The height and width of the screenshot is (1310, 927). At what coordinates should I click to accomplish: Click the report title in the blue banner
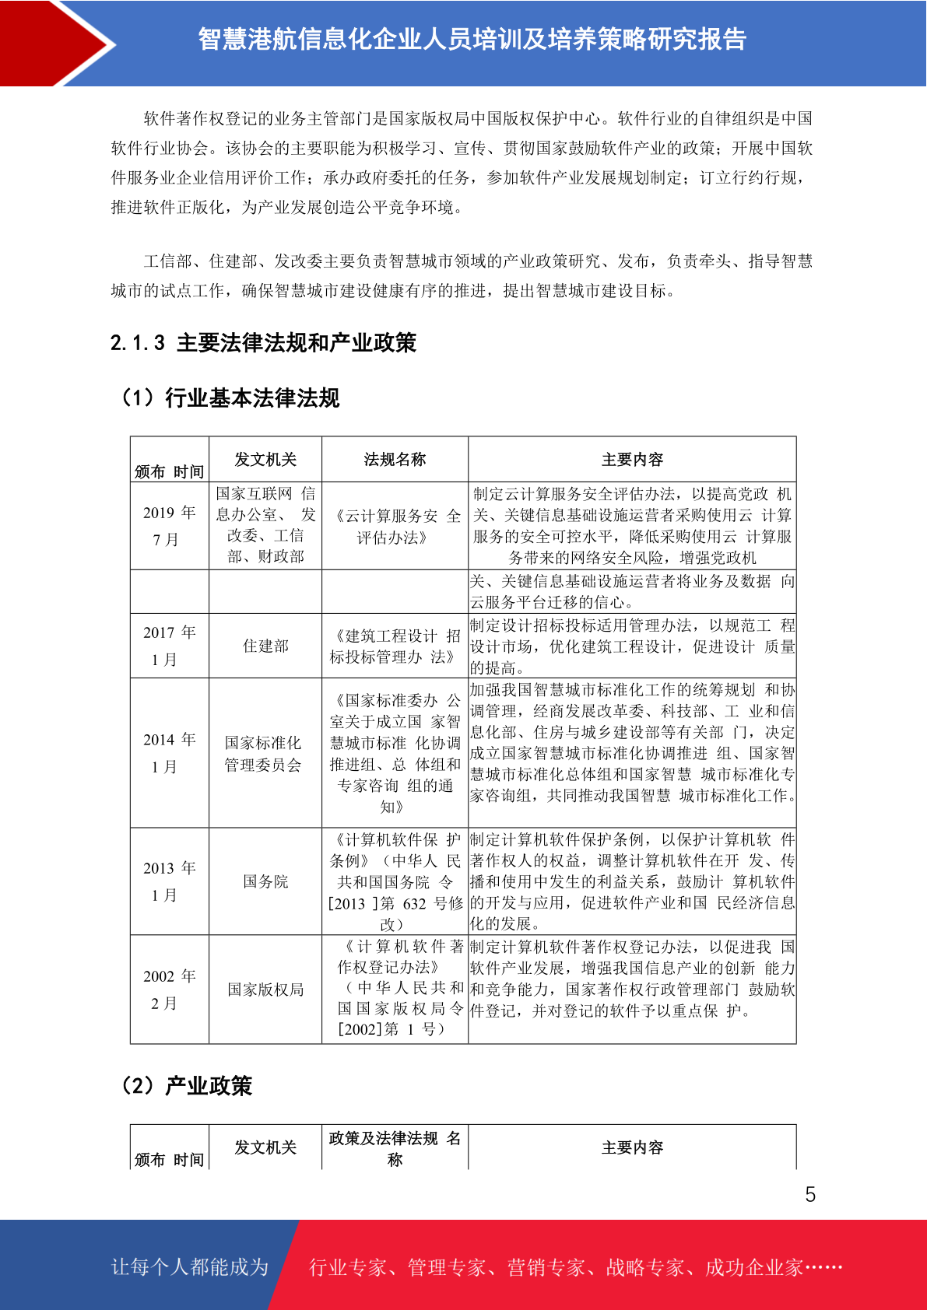[x=472, y=40]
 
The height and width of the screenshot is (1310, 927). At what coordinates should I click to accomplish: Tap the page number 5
[x=810, y=1194]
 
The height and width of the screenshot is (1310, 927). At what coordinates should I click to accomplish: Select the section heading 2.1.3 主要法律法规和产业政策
[x=263, y=343]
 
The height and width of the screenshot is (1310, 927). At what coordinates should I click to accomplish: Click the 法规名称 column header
[x=395, y=460]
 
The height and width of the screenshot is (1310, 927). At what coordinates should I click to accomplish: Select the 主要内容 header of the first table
[x=632, y=460]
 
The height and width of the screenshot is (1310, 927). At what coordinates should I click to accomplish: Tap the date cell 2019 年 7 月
[x=169, y=526]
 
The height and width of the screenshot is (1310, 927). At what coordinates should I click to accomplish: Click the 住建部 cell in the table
[x=265, y=646]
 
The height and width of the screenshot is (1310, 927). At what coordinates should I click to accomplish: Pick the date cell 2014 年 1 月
[x=169, y=753]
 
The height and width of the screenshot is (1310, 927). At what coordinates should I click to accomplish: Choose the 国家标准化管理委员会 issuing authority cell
[x=264, y=754]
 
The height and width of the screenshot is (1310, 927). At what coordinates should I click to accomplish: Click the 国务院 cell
[x=265, y=881]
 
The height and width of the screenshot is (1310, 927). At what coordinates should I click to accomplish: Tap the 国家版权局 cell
[x=265, y=990]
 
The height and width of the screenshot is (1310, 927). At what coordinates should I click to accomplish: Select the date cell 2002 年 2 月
[x=169, y=990]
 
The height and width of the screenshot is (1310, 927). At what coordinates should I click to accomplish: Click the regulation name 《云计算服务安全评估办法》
[x=395, y=526]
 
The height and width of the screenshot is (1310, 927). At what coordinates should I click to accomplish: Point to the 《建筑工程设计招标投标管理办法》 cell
[x=395, y=646]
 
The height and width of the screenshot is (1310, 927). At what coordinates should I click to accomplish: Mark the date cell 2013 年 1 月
[x=169, y=881]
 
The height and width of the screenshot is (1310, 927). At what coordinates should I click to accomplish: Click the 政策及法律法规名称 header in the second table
[x=395, y=1148]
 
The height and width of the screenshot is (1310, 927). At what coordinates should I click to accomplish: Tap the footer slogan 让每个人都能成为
[x=190, y=1267]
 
